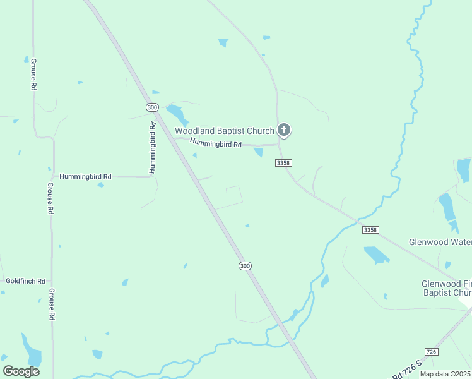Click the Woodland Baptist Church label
pyautogui.click(x=224, y=131)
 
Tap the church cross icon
pyautogui.click(x=284, y=131)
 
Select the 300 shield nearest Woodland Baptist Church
pyautogui.click(x=151, y=107)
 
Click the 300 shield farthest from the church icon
pyautogui.click(x=245, y=266)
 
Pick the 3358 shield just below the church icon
pyautogui.click(x=283, y=163)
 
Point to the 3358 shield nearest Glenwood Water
pyautogui.click(x=371, y=230)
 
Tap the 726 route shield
pyautogui.click(x=431, y=351)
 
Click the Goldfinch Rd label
pyautogui.click(x=25, y=280)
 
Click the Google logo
pyautogui.click(x=21, y=371)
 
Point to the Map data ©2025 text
pyautogui.click(x=445, y=374)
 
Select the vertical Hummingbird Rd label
pyautogui.click(x=153, y=148)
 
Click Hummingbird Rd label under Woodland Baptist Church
pyautogui.click(x=216, y=144)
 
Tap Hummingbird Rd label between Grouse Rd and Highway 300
pyautogui.click(x=85, y=177)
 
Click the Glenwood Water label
pyautogui.click(x=440, y=242)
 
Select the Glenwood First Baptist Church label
pyautogui.click(x=447, y=289)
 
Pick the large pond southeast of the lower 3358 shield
pyautogui.click(x=377, y=255)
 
